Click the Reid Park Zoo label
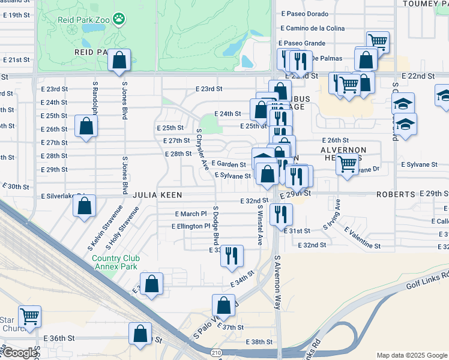click(83, 20)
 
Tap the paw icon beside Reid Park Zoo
click(119, 19)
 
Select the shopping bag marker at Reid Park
click(119, 60)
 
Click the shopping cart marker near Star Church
click(29, 316)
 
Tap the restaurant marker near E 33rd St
click(231, 256)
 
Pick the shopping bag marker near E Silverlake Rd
click(85, 206)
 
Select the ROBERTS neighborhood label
click(396, 195)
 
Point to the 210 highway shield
click(216, 352)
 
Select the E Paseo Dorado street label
click(304, 13)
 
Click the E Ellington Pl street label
click(191, 226)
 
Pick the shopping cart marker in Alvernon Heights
click(347, 163)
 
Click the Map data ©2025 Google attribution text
click(411, 355)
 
